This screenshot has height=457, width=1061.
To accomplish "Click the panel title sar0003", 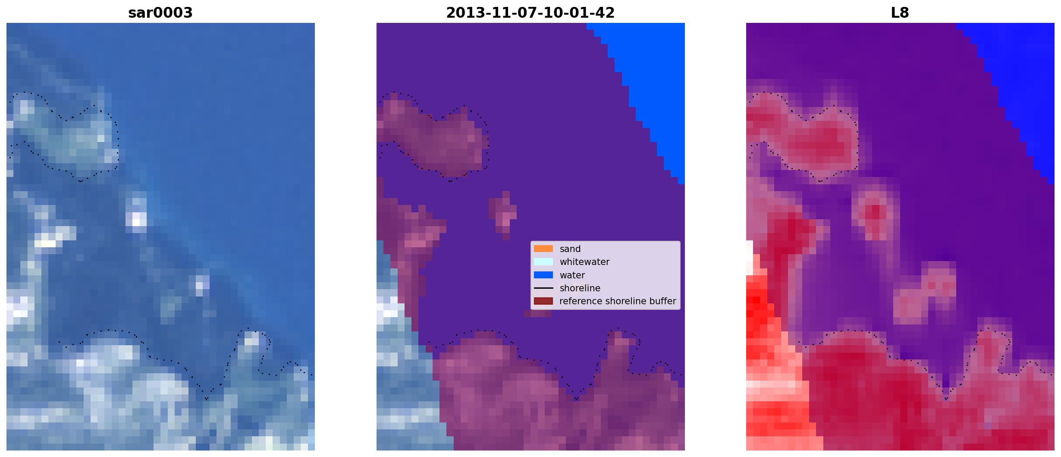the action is click(160, 13).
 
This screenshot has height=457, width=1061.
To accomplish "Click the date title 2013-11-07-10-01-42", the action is click(530, 13).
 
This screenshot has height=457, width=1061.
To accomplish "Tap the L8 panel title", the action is click(900, 13).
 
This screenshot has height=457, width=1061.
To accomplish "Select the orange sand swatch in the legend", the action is click(543, 249).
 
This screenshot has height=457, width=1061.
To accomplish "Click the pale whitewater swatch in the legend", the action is click(543, 262).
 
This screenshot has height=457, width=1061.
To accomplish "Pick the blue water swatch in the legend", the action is click(543, 275).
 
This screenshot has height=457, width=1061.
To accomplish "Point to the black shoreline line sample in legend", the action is click(543, 288).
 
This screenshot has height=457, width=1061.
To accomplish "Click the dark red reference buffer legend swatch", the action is click(543, 301).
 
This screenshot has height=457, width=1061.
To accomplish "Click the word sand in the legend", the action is click(570, 249).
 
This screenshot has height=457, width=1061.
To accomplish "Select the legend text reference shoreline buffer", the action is click(618, 301).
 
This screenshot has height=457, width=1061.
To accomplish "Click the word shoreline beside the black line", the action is click(580, 288).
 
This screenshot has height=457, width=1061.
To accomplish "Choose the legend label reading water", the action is click(572, 275).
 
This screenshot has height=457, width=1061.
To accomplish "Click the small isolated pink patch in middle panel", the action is click(503, 215).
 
